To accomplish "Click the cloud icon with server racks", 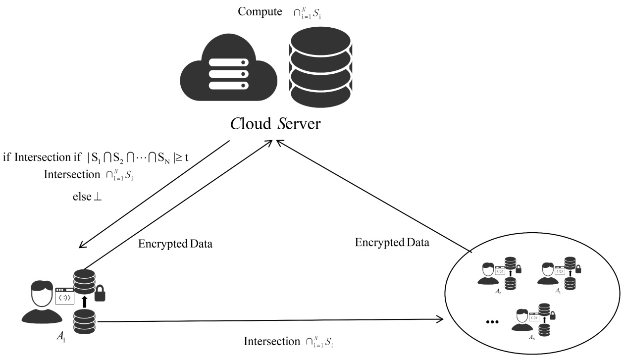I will point(225,72).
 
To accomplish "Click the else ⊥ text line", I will point(87,196).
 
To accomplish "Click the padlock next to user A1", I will point(100,294).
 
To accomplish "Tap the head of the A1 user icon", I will point(42,293).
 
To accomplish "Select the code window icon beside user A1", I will point(64,296).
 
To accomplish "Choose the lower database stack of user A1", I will point(84,321).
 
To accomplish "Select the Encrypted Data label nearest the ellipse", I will point(392,243).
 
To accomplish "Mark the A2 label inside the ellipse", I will point(498,292).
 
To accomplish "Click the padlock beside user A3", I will point(577,269).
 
